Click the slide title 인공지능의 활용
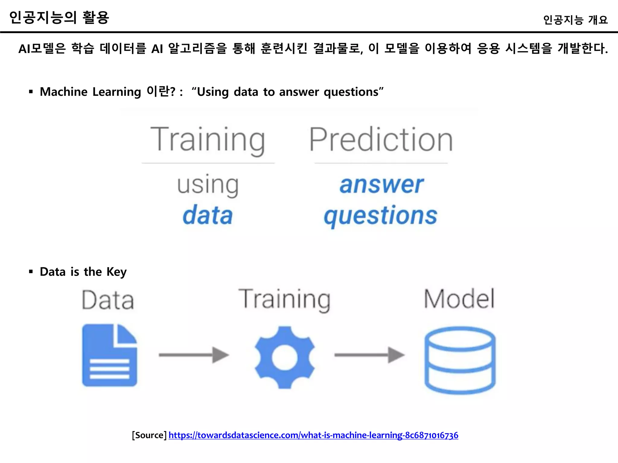tap(59, 17)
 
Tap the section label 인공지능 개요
tap(575, 20)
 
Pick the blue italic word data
tap(208, 215)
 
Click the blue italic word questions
tap(381, 216)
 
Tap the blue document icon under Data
tap(110, 355)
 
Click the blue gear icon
tap(285, 357)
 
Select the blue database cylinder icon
tap(460, 360)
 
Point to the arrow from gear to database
tap(369, 355)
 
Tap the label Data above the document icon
tap(108, 300)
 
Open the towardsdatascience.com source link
tap(313, 435)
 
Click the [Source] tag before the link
tap(149, 435)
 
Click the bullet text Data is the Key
tap(83, 272)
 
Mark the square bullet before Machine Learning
tap(31, 92)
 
